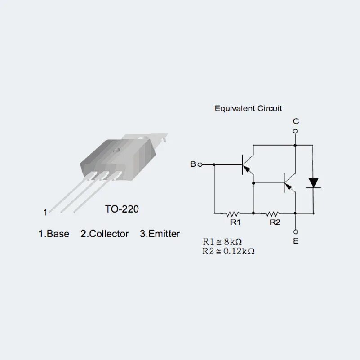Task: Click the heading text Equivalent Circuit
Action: pos(248,108)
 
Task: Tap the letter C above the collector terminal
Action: pos(295,121)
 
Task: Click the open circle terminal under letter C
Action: pos(295,131)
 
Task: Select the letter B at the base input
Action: pos(193,164)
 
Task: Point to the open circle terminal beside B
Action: pos(200,165)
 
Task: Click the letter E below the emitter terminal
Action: pos(295,241)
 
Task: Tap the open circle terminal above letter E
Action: pos(295,231)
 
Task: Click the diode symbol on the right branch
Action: pos(313,183)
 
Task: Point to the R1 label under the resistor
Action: pos(236,222)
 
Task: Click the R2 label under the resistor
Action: pos(275,222)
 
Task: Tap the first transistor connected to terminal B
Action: pos(246,165)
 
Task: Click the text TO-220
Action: pos(122,209)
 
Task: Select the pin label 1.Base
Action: pos(54,234)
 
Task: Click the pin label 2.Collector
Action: pos(105,234)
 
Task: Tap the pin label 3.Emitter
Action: pos(160,234)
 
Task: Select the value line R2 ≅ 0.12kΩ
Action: pos(228,251)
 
